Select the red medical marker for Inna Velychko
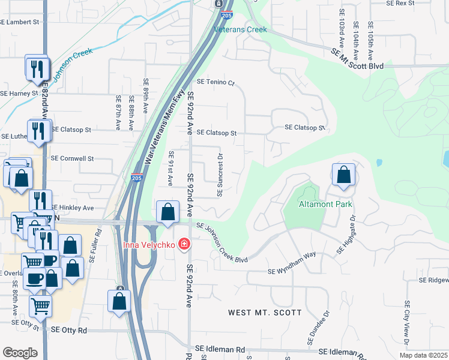click(x=183, y=245)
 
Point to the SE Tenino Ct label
click(x=216, y=82)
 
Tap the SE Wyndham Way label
click(x=292, y=271)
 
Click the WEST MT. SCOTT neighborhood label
click(x=265, y=313)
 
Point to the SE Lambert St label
click(x=19, y=22)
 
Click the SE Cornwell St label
click(x=73, y=159)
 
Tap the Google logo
click(x=20, y=353)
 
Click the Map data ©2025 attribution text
click(x=423, y=355)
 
